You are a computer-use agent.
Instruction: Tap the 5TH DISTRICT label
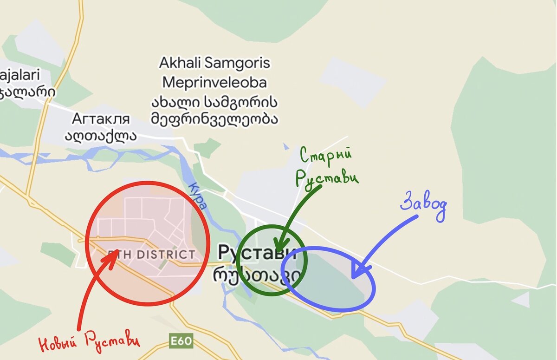[x=151, y=255]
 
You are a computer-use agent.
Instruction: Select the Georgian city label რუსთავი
[x=257, y=275]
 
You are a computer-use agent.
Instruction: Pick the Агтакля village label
[x=101, y=119]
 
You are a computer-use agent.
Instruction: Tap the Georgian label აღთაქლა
[x=101, y=135]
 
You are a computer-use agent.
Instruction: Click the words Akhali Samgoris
[x=214, y=63]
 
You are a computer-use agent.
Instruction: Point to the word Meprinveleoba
[x=214, y=83]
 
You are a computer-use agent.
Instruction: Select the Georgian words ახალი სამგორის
[x=214, y=101]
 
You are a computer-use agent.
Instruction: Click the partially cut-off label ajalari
[x=21, y=74]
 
